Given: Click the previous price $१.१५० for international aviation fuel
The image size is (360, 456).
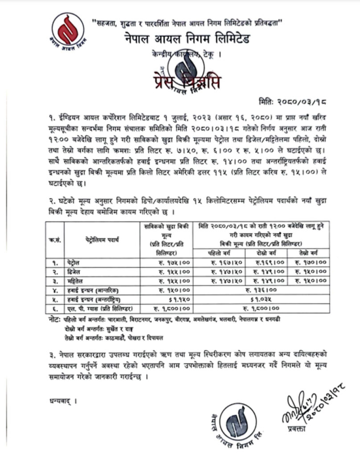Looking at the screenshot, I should click(178, 299).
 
